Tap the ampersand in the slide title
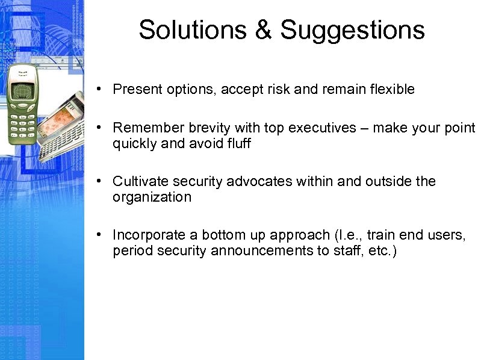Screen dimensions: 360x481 [x=264, y=30]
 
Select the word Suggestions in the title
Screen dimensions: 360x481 [x=352, y=30]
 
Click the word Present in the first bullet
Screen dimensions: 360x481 [x=135, y=90]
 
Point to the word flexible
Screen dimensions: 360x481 [x=392, y=90]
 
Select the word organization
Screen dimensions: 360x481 [x=152, y=197]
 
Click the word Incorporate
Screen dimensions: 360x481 [x=145, y=235]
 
